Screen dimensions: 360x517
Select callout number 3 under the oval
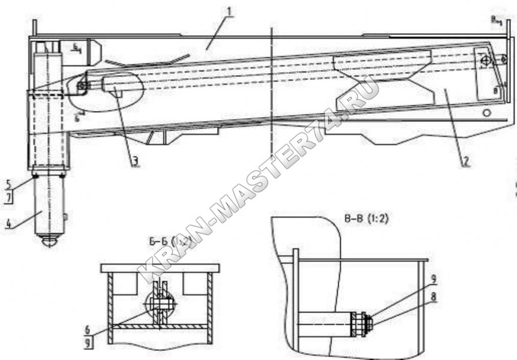click(136, 161)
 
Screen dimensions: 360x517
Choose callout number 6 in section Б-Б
click(88, 329)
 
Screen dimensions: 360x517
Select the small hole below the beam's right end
click(487, 112)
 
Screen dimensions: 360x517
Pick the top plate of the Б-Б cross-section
click(160, 268)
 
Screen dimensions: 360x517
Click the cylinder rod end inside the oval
click(82, 86)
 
